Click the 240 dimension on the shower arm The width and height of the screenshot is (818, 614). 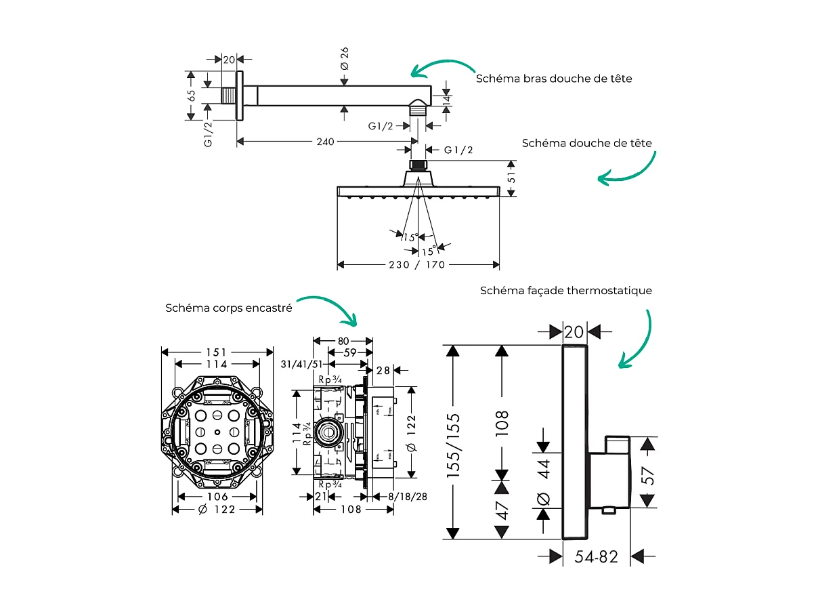326,142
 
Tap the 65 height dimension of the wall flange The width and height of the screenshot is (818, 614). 191,96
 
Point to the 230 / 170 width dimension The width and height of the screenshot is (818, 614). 417,264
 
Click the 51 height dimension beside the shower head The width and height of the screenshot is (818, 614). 512,178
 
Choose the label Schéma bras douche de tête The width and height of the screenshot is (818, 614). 553,79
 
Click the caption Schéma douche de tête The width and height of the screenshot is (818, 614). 586,143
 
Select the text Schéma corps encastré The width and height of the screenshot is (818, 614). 229,308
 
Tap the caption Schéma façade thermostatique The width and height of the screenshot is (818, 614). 565,291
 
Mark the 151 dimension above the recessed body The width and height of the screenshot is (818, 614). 217,352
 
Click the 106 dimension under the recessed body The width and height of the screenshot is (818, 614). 217,496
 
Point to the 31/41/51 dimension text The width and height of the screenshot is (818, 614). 300,365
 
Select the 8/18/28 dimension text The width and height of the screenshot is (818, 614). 406,496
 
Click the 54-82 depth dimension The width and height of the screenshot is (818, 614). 596,556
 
